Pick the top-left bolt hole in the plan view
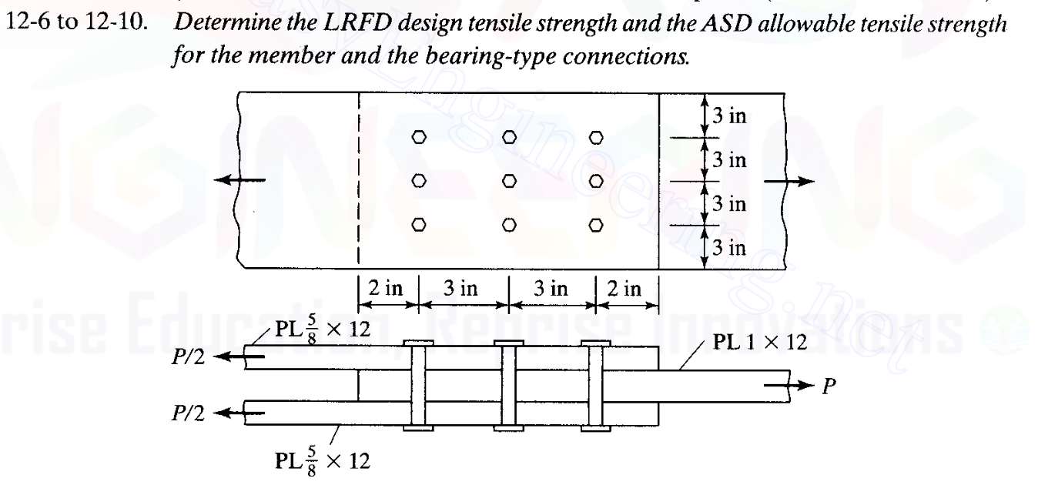click(x=418, y=138)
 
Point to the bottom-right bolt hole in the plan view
click(x=597, y=225)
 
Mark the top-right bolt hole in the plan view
click(x=597, y=138)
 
